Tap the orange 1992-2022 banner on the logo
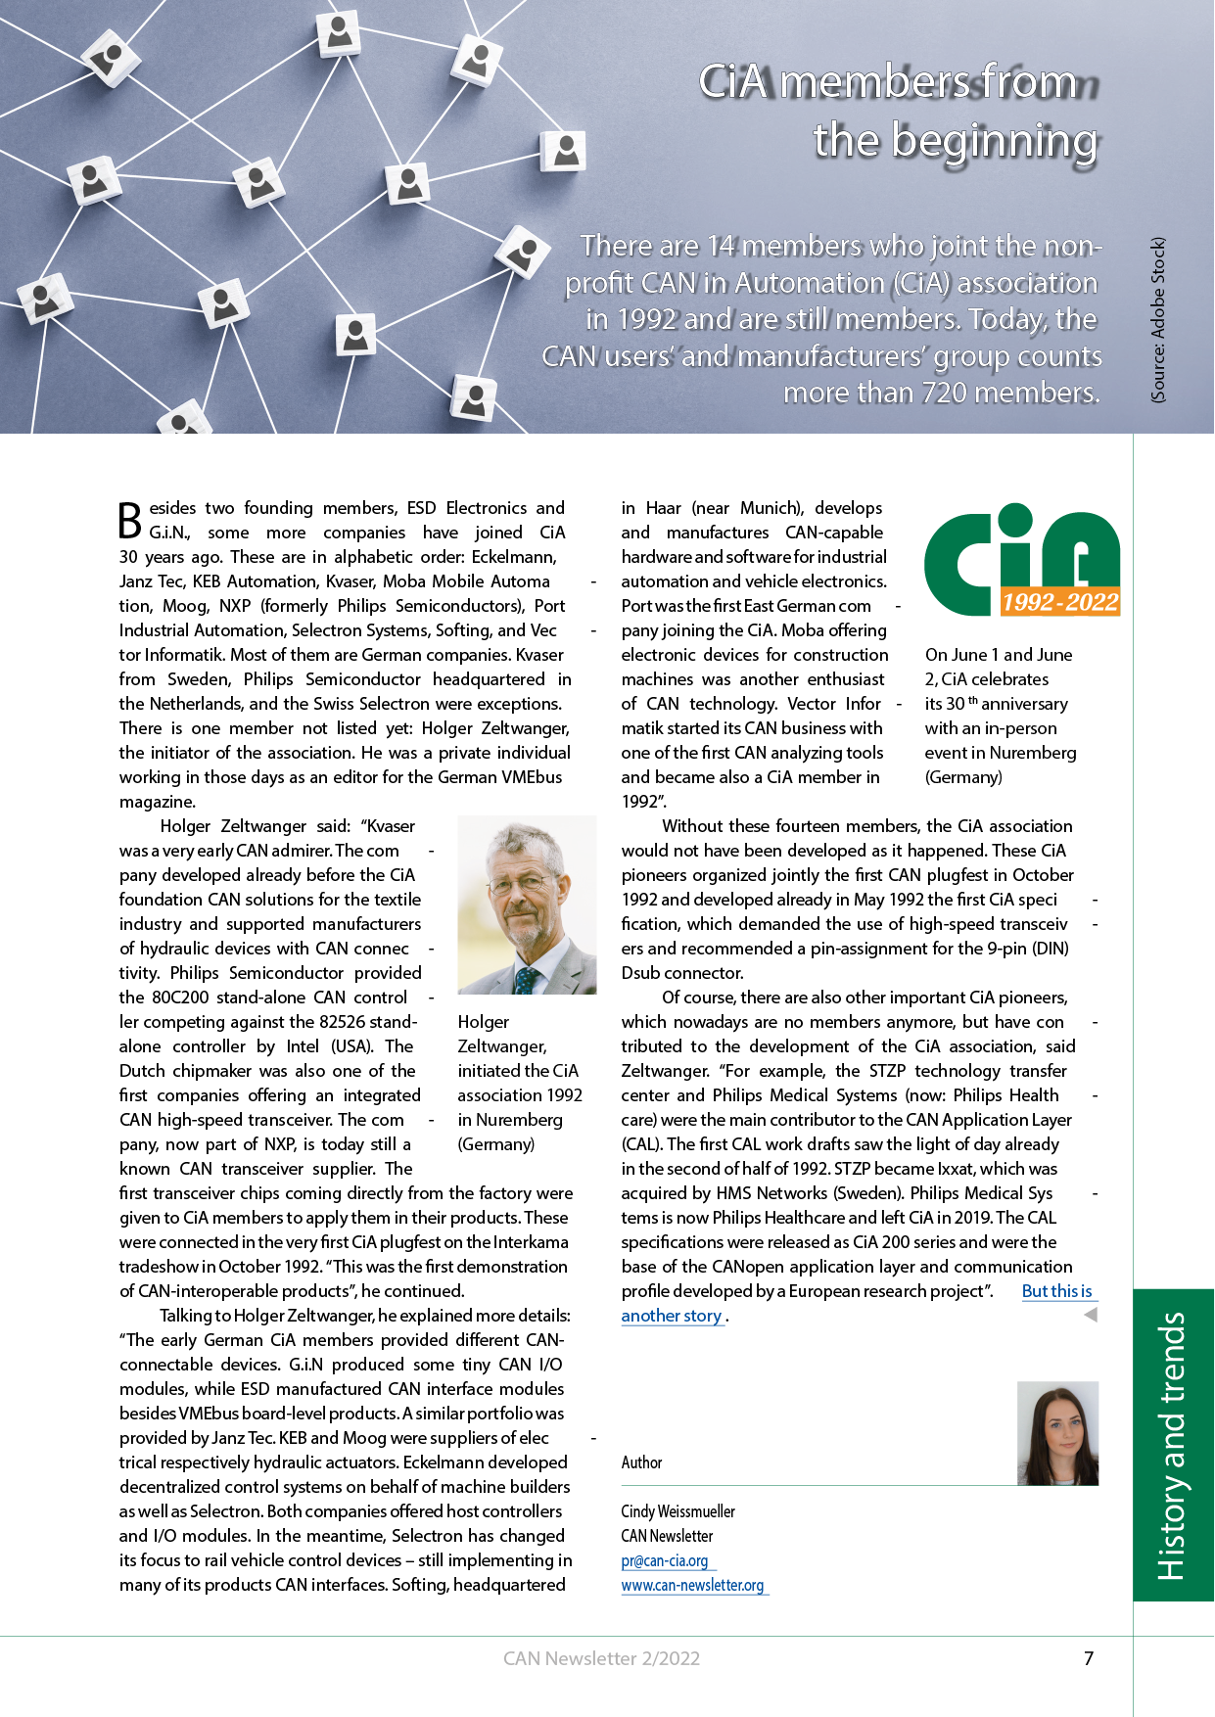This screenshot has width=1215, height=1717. (x=1059, y=602)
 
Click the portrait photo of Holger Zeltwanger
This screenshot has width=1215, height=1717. (x=527, y=905)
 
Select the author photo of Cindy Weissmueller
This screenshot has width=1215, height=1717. (x=1057, y=1432)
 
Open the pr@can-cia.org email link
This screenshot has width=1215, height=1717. (x=665, y=1560)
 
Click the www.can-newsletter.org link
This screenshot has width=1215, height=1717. (x=692, y=1585)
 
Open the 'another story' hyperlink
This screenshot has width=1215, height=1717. (x=672, y=1316)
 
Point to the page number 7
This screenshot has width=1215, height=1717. (x=1089, y=1658)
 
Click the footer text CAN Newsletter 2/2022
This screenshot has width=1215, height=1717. (x=601, y=1658)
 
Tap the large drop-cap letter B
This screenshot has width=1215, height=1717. (x=130, y=520)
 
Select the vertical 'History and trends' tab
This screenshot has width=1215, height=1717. (x=1172, y=1445)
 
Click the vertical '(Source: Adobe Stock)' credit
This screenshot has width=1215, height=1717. (x=1158, y=319)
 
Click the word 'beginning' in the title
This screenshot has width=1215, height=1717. (x=994, y=140)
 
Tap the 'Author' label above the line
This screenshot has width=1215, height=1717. (x=641, y=1462)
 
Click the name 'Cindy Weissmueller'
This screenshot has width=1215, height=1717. (x=678, y=1511)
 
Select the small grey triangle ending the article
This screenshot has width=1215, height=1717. (x=1090, y=1315)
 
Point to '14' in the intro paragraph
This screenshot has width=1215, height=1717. (x=720, y=246)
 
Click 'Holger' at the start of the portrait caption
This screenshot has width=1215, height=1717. (x=484, y=1022)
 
